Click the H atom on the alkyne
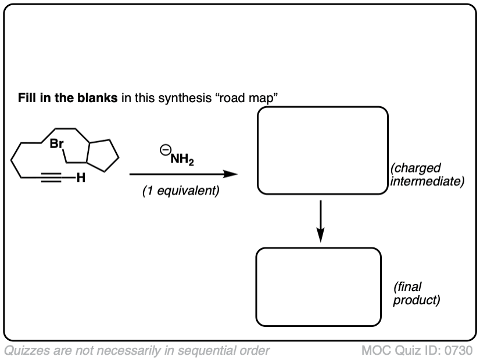click(80, 178)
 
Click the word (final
click(407, 287)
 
